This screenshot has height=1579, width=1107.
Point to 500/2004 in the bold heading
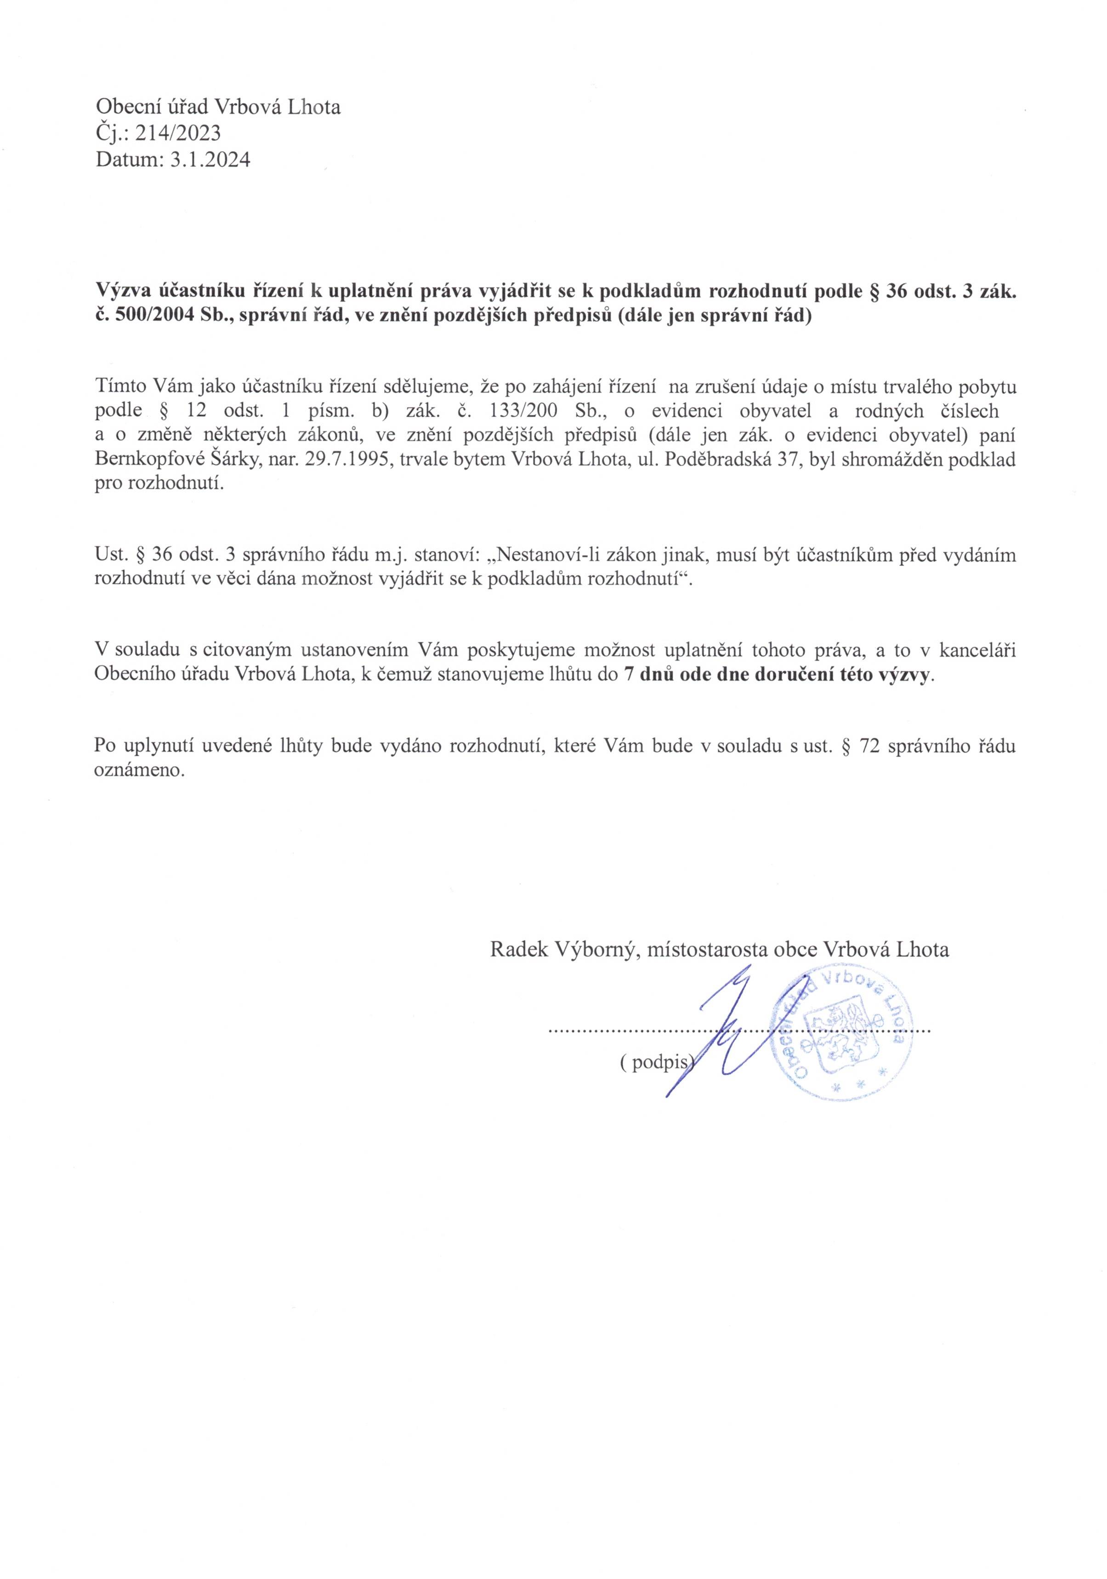(147, 318)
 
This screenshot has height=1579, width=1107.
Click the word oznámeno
(140, 770)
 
